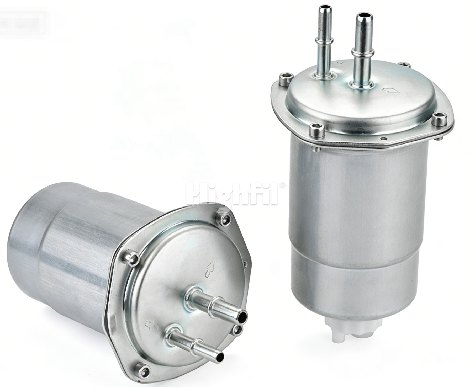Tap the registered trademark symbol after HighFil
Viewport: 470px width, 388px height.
[282, 185]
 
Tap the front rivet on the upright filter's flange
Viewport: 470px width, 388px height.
[317, 130]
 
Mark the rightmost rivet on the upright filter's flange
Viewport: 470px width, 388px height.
[439, 119]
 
